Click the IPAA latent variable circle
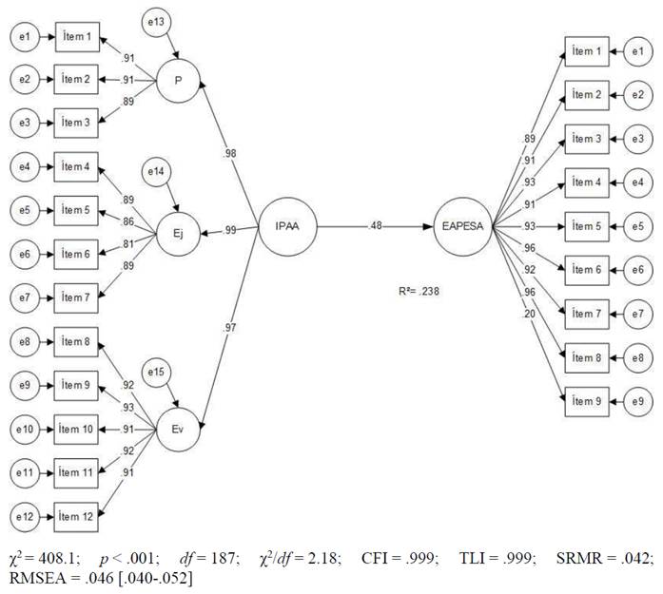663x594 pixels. (287, 227)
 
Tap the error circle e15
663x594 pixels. (157, 371)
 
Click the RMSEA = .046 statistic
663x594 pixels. (57, 576)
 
